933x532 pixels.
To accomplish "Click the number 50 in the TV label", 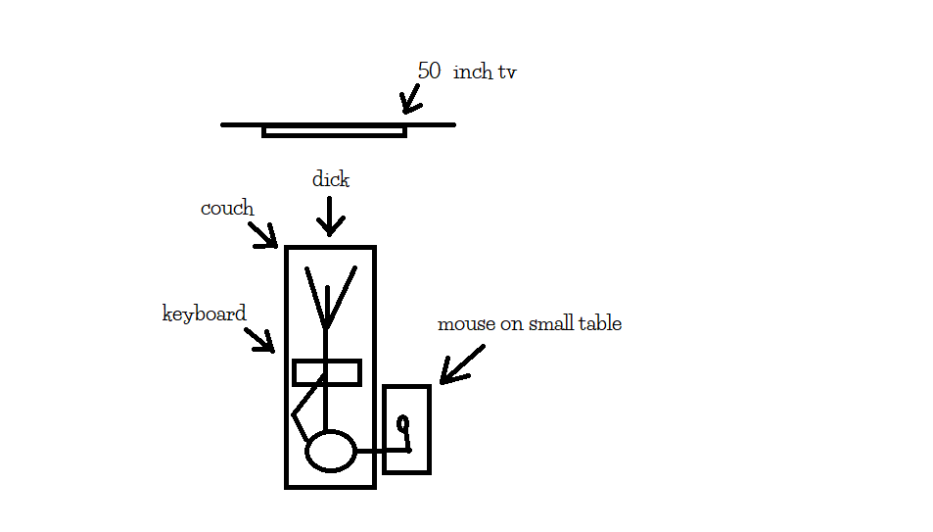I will (429, 72).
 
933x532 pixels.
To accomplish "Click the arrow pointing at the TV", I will (410, 99).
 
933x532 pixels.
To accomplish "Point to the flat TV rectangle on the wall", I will (334, 130).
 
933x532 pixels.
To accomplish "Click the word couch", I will (227, 209).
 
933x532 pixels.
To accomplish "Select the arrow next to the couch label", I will (263, 234).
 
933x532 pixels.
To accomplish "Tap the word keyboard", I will (204, 314).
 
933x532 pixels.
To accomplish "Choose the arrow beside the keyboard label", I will (259, 339).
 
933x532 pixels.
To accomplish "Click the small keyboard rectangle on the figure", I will (327, 372).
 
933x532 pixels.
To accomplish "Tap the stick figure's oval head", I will (331, 451).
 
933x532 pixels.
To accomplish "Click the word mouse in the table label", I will (465, 323).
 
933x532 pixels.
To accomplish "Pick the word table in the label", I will (599, 323).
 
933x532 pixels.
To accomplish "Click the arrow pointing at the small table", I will (461, 364).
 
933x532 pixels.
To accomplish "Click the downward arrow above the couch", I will (330, 216).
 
